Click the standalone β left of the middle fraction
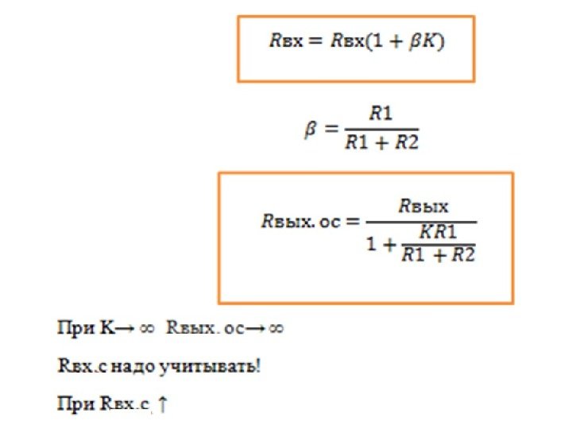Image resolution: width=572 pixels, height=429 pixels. (x=311, y=129)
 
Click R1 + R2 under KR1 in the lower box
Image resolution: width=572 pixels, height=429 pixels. (x=438, y=255)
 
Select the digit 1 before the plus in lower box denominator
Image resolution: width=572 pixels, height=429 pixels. (x=373, y=244)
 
